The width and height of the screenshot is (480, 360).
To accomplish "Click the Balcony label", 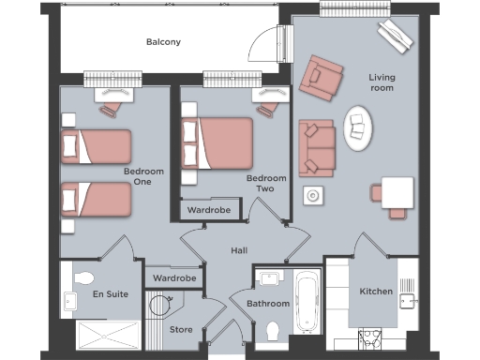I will pos(163,42).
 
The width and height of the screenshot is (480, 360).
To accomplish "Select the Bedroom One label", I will pos(143,177).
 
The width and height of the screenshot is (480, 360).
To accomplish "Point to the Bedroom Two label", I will pos(265,184).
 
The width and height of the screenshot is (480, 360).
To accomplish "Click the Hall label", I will pos(240,250).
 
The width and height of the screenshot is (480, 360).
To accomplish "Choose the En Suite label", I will pos(110,294).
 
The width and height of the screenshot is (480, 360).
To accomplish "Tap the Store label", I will pos(181,329).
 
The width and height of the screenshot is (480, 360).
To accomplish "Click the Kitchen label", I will pos(377,292).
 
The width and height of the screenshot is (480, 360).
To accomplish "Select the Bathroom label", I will pos(267,305).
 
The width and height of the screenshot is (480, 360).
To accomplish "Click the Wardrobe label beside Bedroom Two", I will pos(207,210).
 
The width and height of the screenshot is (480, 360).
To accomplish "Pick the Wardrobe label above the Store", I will pos(174,278).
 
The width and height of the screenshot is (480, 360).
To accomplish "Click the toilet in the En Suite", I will pos(82,278).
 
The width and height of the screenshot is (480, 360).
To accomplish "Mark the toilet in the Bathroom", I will pos(273,331).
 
